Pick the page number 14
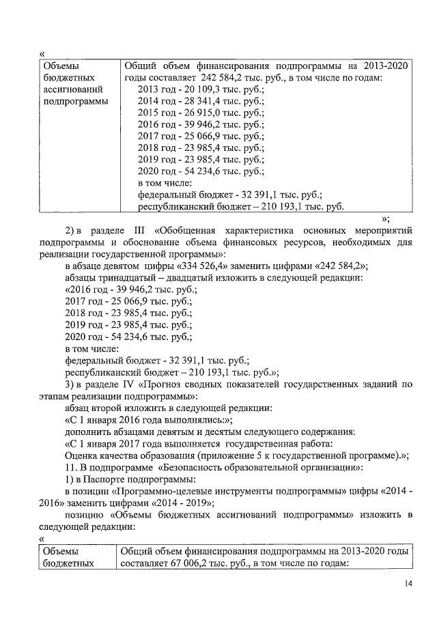[x=408, y=584]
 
